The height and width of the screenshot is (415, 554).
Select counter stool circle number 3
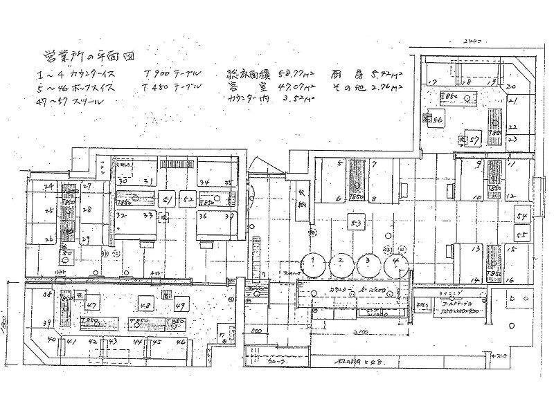coord(368,264)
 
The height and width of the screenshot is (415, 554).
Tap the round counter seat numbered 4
coord(395,264)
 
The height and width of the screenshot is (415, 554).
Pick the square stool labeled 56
coord(438,119)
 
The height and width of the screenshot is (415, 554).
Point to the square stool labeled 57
coord(474,139)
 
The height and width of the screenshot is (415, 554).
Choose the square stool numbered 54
coord(523,216)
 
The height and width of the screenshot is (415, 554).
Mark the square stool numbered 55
coord(523,236)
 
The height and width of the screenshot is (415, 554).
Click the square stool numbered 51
coord(167,199)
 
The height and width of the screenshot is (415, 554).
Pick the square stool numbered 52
coord(188,199)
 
